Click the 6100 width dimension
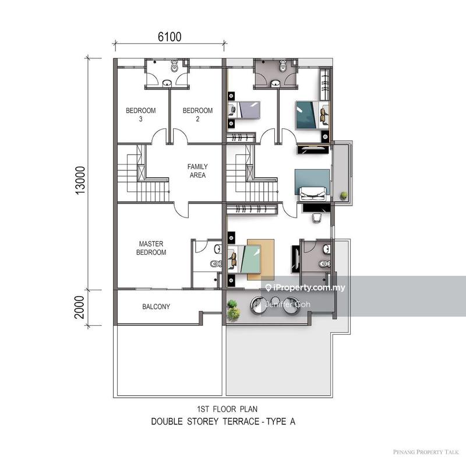click(169, 36)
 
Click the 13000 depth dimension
click(82, 182)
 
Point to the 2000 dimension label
click(82, 306)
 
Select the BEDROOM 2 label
click(197, 114)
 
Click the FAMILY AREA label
click(197, 170)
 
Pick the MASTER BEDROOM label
click(152, 248)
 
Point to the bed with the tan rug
click(249, 259)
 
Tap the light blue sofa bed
click(312, 184)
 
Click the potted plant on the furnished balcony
click(234, 310)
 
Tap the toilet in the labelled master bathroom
click(215, 264)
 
